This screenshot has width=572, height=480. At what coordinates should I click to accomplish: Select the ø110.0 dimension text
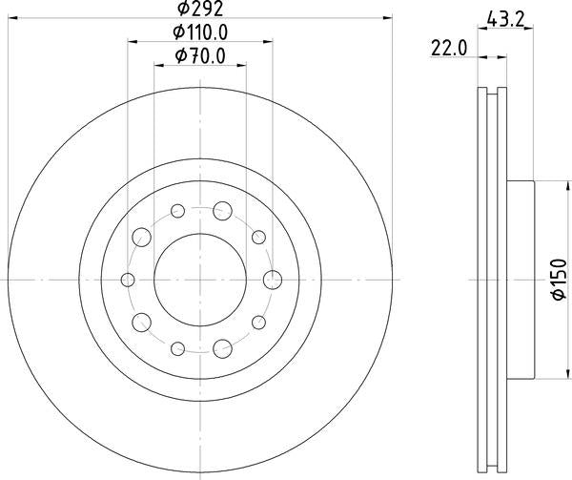200,32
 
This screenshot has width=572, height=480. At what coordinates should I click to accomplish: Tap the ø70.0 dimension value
200,57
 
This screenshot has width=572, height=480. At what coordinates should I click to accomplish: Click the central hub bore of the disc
200,279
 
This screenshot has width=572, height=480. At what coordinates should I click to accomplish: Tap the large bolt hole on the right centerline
273,279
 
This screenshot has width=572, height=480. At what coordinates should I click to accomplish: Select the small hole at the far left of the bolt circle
128,279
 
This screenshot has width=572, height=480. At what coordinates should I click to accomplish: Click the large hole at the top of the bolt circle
223,210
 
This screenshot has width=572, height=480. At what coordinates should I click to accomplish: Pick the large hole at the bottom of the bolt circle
223,347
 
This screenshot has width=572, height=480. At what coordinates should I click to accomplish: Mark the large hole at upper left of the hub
141,236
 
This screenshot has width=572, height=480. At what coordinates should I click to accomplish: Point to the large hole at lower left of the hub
141,322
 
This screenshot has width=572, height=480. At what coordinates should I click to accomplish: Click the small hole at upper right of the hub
258,236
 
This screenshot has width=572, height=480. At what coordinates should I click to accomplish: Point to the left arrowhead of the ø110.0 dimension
131,41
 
